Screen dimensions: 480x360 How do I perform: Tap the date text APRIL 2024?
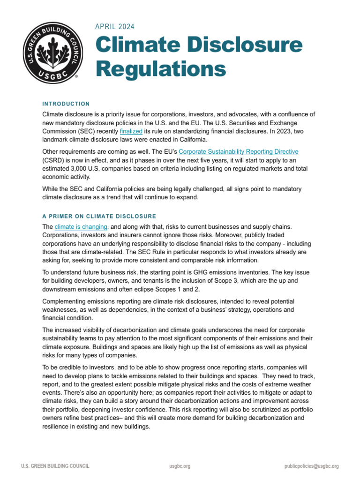click(115, 27)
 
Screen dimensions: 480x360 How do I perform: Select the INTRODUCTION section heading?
click(66, 104)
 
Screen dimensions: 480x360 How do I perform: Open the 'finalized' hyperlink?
click(130, 132)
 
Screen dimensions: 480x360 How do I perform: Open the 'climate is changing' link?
click(81, 226)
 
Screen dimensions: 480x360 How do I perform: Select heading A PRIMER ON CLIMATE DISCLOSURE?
click(99, 216)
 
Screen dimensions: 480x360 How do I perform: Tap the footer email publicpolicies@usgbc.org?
click(311, 466)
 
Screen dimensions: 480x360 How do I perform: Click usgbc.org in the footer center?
click(180, 466)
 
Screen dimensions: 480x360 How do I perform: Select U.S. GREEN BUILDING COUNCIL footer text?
click(55, 466)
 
